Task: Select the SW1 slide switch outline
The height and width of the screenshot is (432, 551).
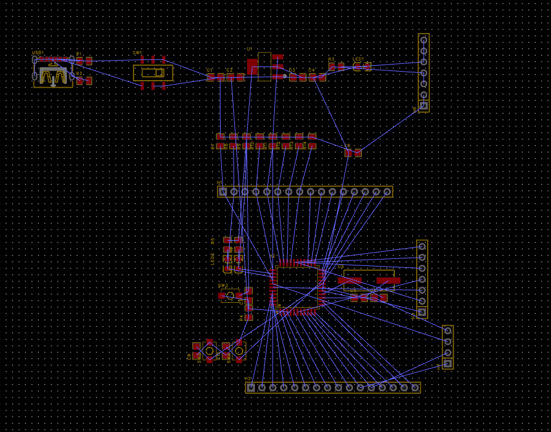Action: coord(153,72)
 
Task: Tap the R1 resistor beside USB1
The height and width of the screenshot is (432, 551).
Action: coord(84,61)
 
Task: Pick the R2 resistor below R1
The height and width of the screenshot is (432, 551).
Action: coord(84,81)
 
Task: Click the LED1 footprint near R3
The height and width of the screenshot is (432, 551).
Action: coord(362,67)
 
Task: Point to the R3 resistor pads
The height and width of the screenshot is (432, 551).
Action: coord(336,67)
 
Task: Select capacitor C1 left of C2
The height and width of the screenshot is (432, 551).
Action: coord(215,77)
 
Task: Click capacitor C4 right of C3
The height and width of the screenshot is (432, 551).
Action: coord(317,77)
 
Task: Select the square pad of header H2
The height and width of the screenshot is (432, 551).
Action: coord(251,387)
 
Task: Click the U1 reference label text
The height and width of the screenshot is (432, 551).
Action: coord(249,49)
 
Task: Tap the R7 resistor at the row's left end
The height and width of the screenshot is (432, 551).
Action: coord(221,141)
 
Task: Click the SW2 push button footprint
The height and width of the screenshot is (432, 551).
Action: coord(230,296)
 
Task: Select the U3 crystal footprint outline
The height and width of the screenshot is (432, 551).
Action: coord(368,280)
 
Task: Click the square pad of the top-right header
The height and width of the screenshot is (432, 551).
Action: coord(424,105)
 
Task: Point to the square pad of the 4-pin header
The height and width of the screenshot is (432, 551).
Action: coord(448,364)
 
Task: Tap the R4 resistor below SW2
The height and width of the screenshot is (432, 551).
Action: coord(249,313)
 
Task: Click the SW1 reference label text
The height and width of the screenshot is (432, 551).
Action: coord(137,53)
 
